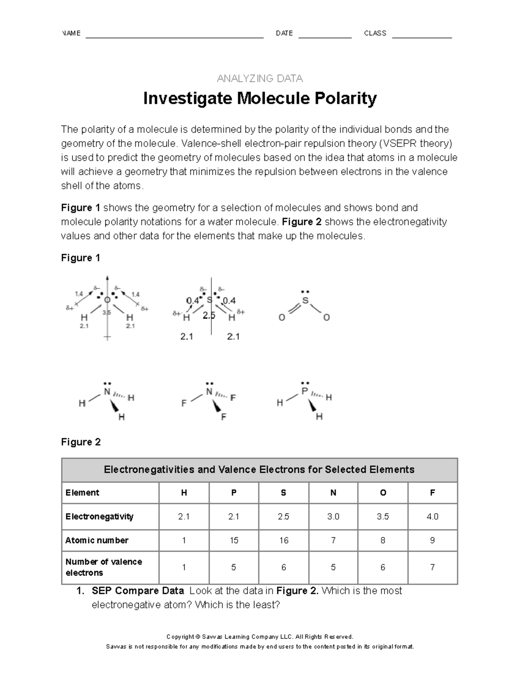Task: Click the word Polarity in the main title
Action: point(345,99)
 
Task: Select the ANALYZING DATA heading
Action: point(260,78)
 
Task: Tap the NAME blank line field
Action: point(174,35)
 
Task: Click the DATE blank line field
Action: point(325,35)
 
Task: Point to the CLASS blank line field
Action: point(422,35)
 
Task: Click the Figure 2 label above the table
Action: point(81,442)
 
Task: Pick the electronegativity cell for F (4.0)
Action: point(432,517)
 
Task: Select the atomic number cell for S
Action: point(283,540)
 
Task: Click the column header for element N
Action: point(333,493)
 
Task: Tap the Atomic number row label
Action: point(97,540)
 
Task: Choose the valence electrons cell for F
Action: point(432,567)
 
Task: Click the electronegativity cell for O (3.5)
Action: point(383,517)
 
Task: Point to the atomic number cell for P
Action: point(234,540)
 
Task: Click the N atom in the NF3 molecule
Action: point(209,392)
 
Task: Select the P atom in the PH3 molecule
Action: point(305,391)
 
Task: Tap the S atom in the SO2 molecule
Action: point(305,300)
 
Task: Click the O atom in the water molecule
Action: point(107,300)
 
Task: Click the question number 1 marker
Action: point(80,591)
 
